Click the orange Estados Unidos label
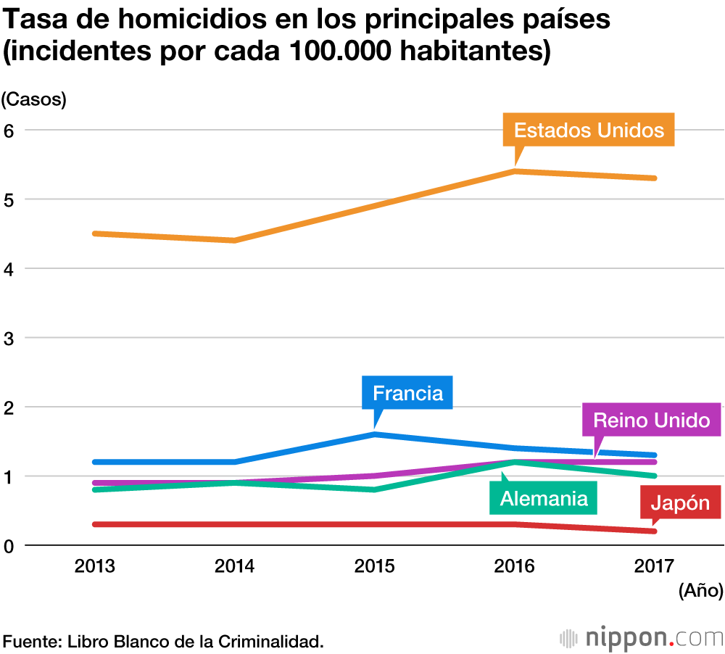(x=589, y=131)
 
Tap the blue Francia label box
(x=407, y=393)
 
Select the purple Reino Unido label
(x=651, y=421)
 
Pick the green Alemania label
(x=543, y=499)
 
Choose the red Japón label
(x=680, y=502)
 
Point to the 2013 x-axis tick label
(x=94, y=566)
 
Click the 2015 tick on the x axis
(x=374, y=566)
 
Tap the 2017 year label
(x=654, y=566)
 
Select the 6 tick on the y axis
(x=9, y=131)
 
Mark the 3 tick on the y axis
(x=9, y=338)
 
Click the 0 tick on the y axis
(x=9, y=545)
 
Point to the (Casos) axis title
(x=34, y=100)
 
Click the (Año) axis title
(x=700, y=591)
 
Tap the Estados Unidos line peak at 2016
(x=514, y=171)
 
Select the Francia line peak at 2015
(x=374, y=434)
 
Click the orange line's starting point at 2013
(x=95, y=233)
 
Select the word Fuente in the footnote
(x=32, y=641)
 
